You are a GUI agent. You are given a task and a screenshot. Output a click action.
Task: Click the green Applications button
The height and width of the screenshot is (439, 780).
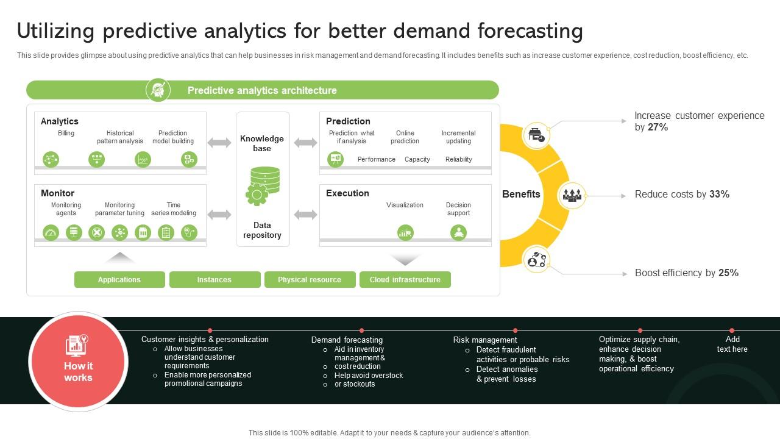pos(119,279)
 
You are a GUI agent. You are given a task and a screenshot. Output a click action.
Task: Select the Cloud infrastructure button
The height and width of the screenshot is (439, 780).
pos(405,279)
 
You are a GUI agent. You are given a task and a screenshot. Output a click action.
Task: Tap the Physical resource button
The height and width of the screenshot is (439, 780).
pos(310,279)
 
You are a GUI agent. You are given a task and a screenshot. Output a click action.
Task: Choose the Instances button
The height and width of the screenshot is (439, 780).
pos(215,279)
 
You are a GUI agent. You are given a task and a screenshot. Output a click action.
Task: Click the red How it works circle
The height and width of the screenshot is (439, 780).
pos(79,362)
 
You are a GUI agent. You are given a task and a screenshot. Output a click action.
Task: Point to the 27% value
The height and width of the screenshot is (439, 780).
pos(658,127)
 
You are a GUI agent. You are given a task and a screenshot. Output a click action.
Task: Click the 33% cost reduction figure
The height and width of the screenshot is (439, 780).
pos(720,194)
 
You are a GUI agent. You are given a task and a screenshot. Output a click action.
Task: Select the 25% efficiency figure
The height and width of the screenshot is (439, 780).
pos(728,273)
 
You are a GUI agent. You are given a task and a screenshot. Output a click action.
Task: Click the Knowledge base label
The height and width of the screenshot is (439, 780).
pos(262,143)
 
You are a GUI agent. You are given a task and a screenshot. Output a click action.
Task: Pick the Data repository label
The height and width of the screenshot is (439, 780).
pos(262,230)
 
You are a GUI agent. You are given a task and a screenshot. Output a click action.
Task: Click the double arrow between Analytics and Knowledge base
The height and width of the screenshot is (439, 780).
pos(219,143)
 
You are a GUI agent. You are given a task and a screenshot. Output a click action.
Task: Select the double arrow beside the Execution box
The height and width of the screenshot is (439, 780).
pos(305,215)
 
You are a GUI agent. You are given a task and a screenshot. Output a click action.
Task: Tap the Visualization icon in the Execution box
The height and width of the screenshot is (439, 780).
pos(405,233)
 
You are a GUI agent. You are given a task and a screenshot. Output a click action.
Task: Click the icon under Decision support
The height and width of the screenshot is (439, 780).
pos(459,233)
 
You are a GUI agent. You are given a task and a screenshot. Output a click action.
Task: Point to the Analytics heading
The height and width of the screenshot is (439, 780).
pos(60,121)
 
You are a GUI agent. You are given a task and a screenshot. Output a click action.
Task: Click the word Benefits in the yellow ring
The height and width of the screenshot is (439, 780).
pos(521,194)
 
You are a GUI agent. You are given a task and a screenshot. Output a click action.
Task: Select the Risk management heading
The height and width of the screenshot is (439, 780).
pos(485,340)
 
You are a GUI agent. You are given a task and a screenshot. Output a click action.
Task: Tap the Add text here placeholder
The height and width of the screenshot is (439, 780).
pos(732,344)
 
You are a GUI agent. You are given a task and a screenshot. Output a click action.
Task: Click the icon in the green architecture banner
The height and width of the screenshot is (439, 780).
pos(158,90)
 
